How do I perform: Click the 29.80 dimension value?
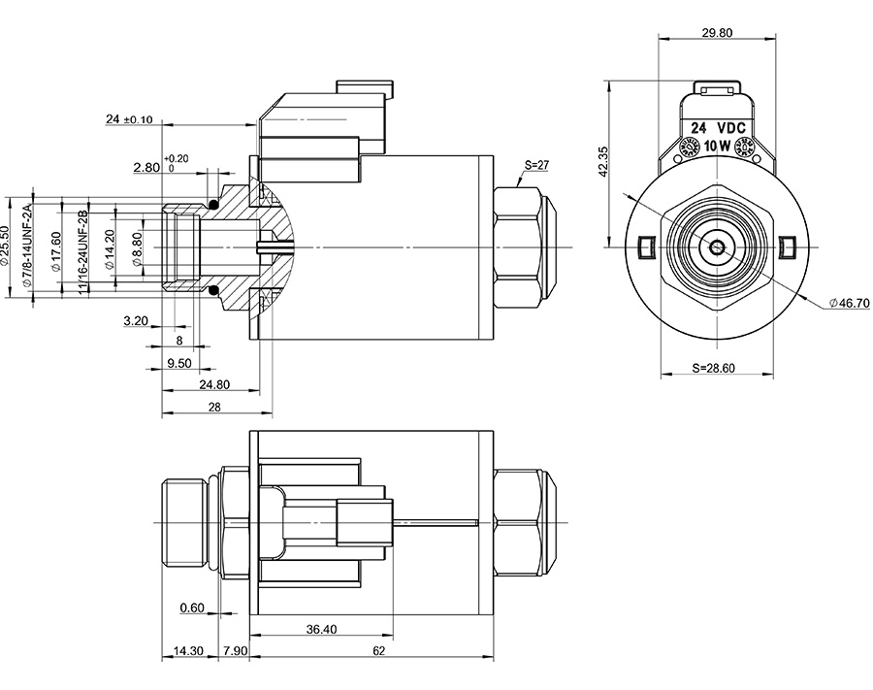coord(717,32)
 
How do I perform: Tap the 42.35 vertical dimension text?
coord(603,160)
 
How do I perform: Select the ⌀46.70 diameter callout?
coord(849,304)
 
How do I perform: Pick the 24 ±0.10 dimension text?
coord(129,119)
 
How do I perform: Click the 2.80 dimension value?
coord(146,168)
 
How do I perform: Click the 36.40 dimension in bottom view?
coord(321,629)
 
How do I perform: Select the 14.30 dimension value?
coord(185,651)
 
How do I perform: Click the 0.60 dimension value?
coord(193,608)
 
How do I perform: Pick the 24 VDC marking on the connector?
coord(717,128)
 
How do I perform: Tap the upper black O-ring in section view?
coord(214,204)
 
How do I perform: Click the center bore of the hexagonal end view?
coord(716,246)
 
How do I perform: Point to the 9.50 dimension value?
coord(180,363)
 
